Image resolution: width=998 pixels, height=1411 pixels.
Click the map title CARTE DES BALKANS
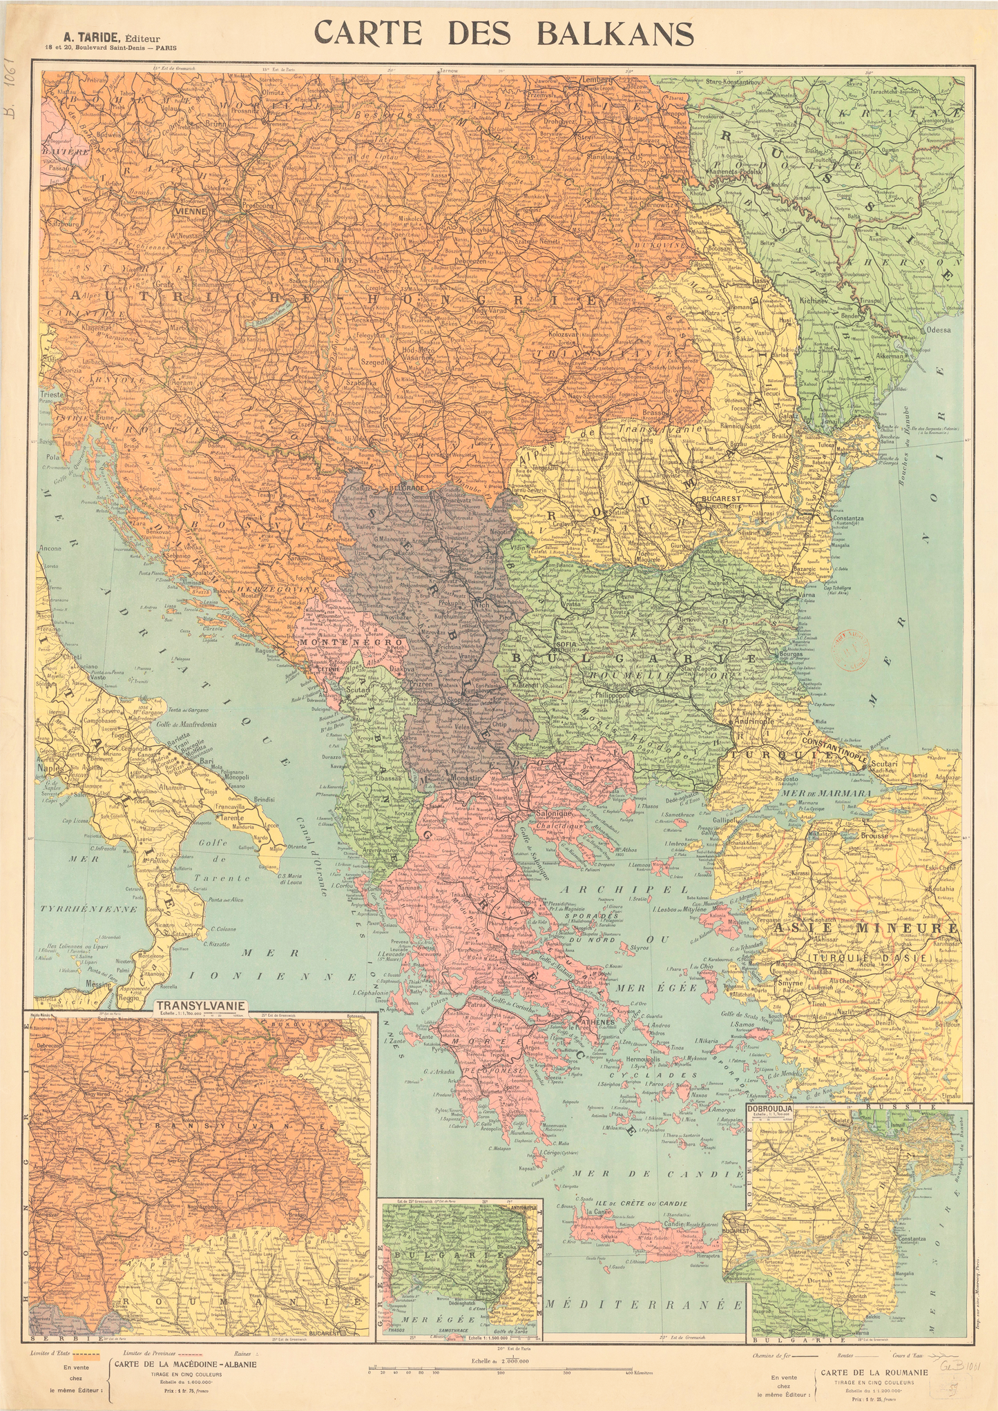pyautogui.click(x=503, y=33)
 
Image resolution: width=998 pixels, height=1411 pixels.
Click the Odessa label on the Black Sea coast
pyautogui.click(x=939, y=330)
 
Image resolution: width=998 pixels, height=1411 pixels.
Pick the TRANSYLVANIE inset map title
pyautogui.click(x=200, y=1005)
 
